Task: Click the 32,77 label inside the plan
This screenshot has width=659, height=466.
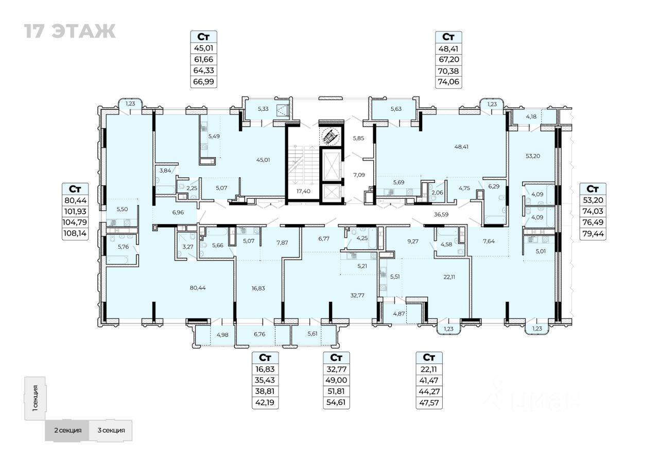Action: (x=356, y=295)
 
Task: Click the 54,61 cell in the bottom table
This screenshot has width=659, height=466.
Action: (x=336, y=403)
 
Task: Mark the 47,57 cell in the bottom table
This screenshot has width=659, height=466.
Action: (x=429, y=403)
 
